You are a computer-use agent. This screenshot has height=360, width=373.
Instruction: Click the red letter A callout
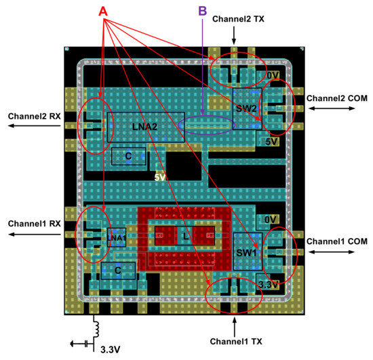pyautogui.click(x=103, y=12)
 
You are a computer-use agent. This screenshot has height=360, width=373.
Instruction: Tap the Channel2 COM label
pyautogui.click(x=336, y=99)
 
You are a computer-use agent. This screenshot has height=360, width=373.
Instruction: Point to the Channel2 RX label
pyautogui.click(x=34, y=116)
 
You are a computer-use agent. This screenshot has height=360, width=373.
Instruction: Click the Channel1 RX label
pyautogui.click(x=34, y=223)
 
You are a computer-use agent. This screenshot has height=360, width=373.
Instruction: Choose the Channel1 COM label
pyautogui.click(x=336, y=241)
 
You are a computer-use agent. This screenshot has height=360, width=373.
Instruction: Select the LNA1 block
pyautogui.click(x=117, y=237)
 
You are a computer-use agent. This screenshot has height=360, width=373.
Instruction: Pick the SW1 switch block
pyautogui.click(x=246, y=252)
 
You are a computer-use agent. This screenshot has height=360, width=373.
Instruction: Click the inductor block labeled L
pyautogui.click(x=184, y=236)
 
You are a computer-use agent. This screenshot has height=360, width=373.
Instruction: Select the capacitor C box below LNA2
pyautogui.click(x=127, y=156)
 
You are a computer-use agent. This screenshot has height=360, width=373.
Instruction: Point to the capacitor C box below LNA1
pyautogui.click(x=118, y=271)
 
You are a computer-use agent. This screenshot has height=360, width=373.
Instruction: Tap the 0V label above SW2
pyautogui.click(x=271, y=76)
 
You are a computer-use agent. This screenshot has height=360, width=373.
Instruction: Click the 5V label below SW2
pyautogui.click(x=271, y=142)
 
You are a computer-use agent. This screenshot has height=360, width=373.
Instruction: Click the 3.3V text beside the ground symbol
pyautogui.click(x=112, y=350)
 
